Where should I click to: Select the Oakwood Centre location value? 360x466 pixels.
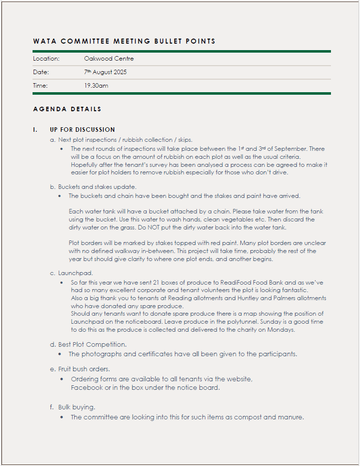109,59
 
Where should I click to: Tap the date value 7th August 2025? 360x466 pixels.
105,72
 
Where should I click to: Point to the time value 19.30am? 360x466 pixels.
96,86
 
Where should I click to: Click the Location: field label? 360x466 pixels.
46,59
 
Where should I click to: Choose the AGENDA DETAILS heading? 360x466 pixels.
67,109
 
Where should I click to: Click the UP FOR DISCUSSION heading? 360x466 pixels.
83,130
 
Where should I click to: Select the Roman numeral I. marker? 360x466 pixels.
35,130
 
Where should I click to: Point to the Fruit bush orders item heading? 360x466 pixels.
84,369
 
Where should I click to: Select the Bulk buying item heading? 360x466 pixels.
77,407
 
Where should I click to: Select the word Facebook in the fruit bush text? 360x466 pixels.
88,388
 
